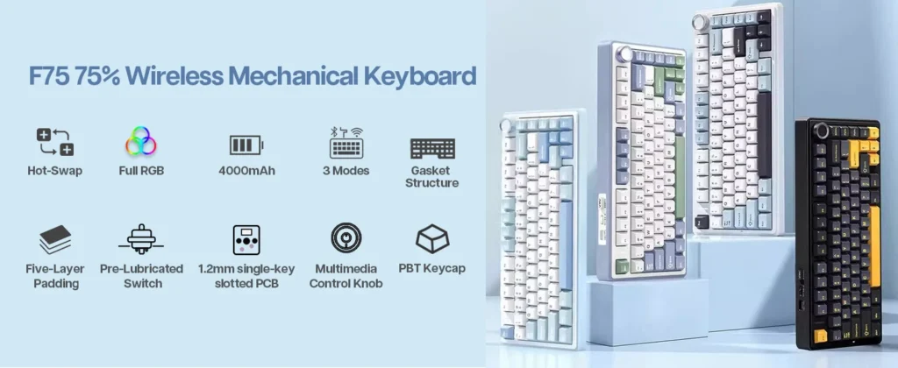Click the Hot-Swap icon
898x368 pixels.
[x=55, y=143]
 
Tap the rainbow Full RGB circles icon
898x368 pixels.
[x=141, y=141]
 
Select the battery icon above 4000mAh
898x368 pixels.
[x=246, y=145]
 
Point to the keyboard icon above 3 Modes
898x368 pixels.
[x=346, y=143]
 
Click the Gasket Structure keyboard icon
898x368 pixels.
[x=432, y=148]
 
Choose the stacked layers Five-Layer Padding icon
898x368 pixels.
[x=55, y=240]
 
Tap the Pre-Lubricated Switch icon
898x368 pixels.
[x=141, y=239]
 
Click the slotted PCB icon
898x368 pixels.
[x=246, y=240]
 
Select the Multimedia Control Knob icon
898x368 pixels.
[x=346, y=237]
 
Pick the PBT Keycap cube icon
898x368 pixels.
[x=432, y=238]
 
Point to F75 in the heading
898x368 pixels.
[x=49, y=76]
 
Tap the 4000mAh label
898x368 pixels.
[x=246, y=171]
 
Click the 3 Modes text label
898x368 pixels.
[x=346, y=171]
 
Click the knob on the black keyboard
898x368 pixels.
[x=823, y=131]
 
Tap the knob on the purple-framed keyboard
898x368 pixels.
[x=625, y=55]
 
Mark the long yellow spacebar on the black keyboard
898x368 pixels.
[x=874, y=247]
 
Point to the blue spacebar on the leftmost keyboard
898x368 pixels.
[x=566, y=245]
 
